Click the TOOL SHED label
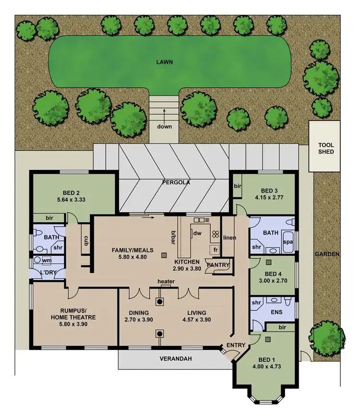(326, 147)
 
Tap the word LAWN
(164, 62)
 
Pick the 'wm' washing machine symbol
(47, 261)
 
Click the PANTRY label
(218, 264)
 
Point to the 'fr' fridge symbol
(216, 250)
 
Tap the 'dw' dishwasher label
(197, 234)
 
